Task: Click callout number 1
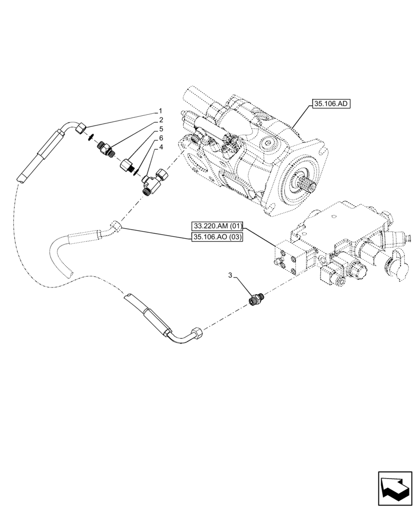(160, 111)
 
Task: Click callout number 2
(160, 120)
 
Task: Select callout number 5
(160, 129)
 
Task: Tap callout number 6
(160, 138)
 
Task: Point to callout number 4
(160, 147)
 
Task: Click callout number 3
(230, 275)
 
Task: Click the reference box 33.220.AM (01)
(218, 226)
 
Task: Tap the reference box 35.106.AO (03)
(218, 237)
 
